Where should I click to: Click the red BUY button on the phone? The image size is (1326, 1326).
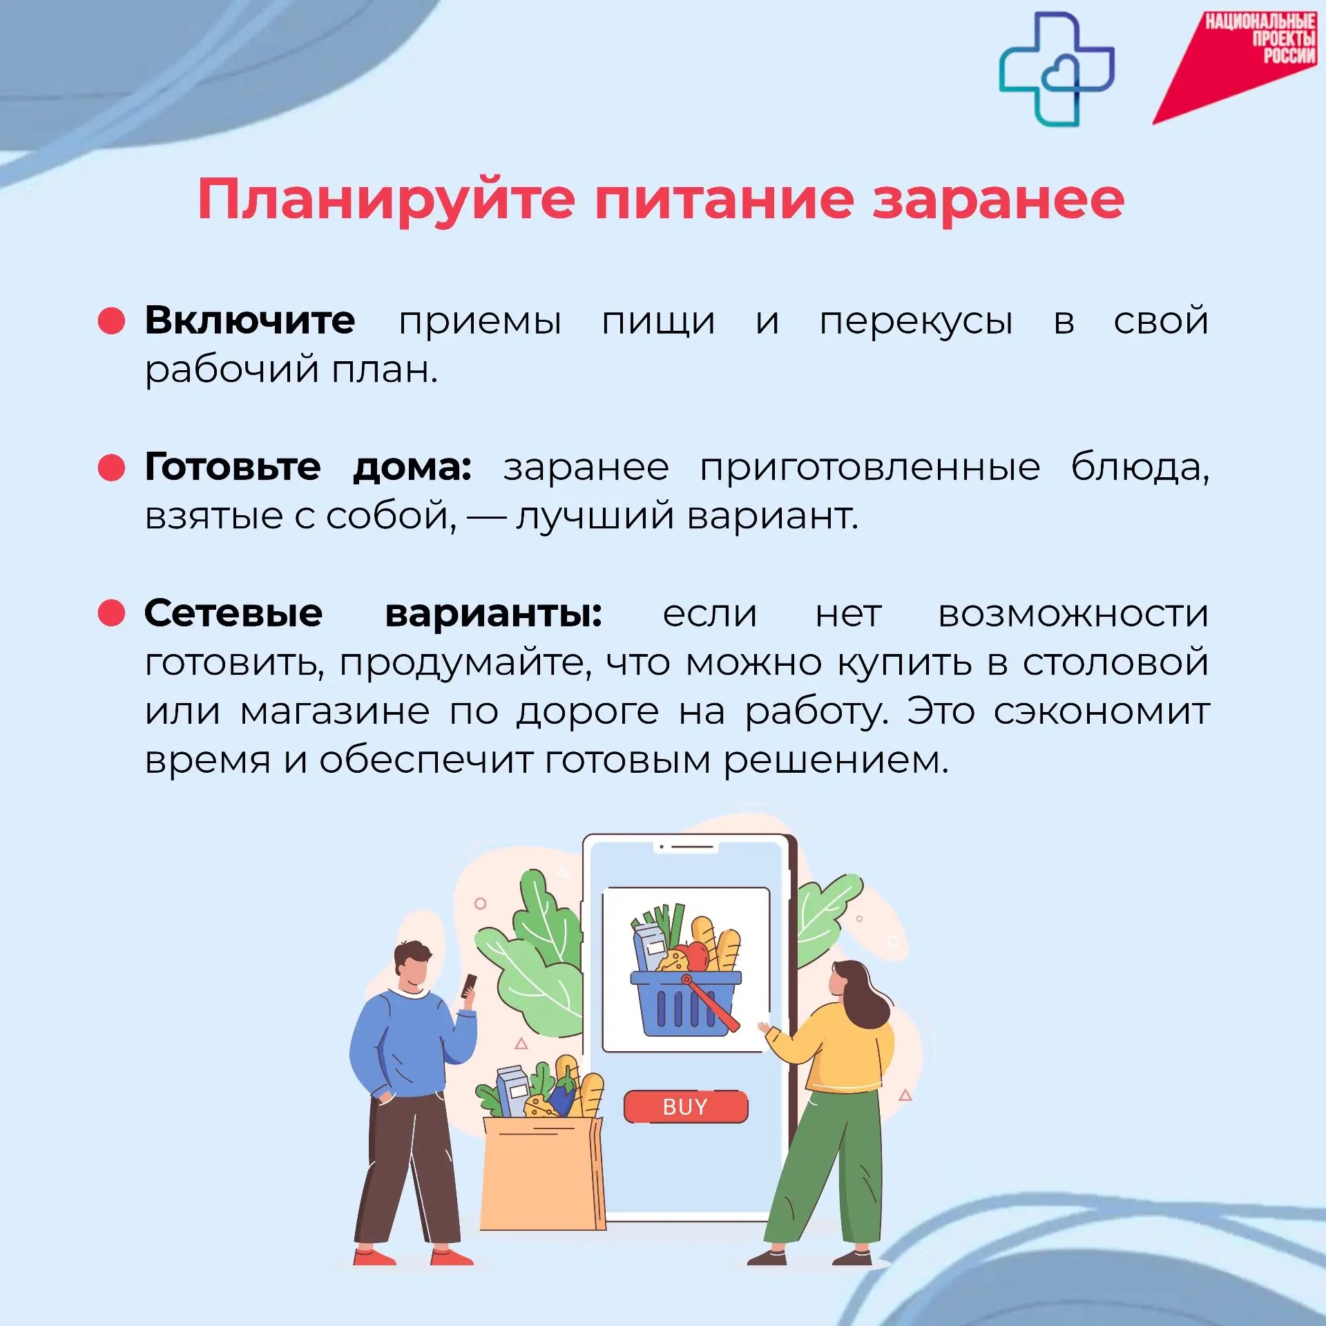click(685, 1106)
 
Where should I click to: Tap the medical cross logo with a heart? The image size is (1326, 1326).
click(1057, 69)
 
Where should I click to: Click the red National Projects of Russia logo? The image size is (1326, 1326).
click(1236, 66)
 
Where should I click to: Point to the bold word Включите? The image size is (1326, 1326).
click(250, 320)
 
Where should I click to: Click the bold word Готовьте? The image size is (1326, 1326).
click(233, 466)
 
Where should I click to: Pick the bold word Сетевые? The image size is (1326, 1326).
click(233, 613)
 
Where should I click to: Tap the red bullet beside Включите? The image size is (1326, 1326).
click(111, 320)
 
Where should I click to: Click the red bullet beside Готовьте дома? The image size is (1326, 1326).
click(111, 467)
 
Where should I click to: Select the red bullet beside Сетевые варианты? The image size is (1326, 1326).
click(111, 613)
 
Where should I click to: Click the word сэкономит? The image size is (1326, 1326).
click(1102, 711)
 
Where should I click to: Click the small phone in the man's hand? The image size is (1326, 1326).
click(469, 986)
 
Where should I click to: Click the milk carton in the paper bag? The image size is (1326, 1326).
click(512, 1091)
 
